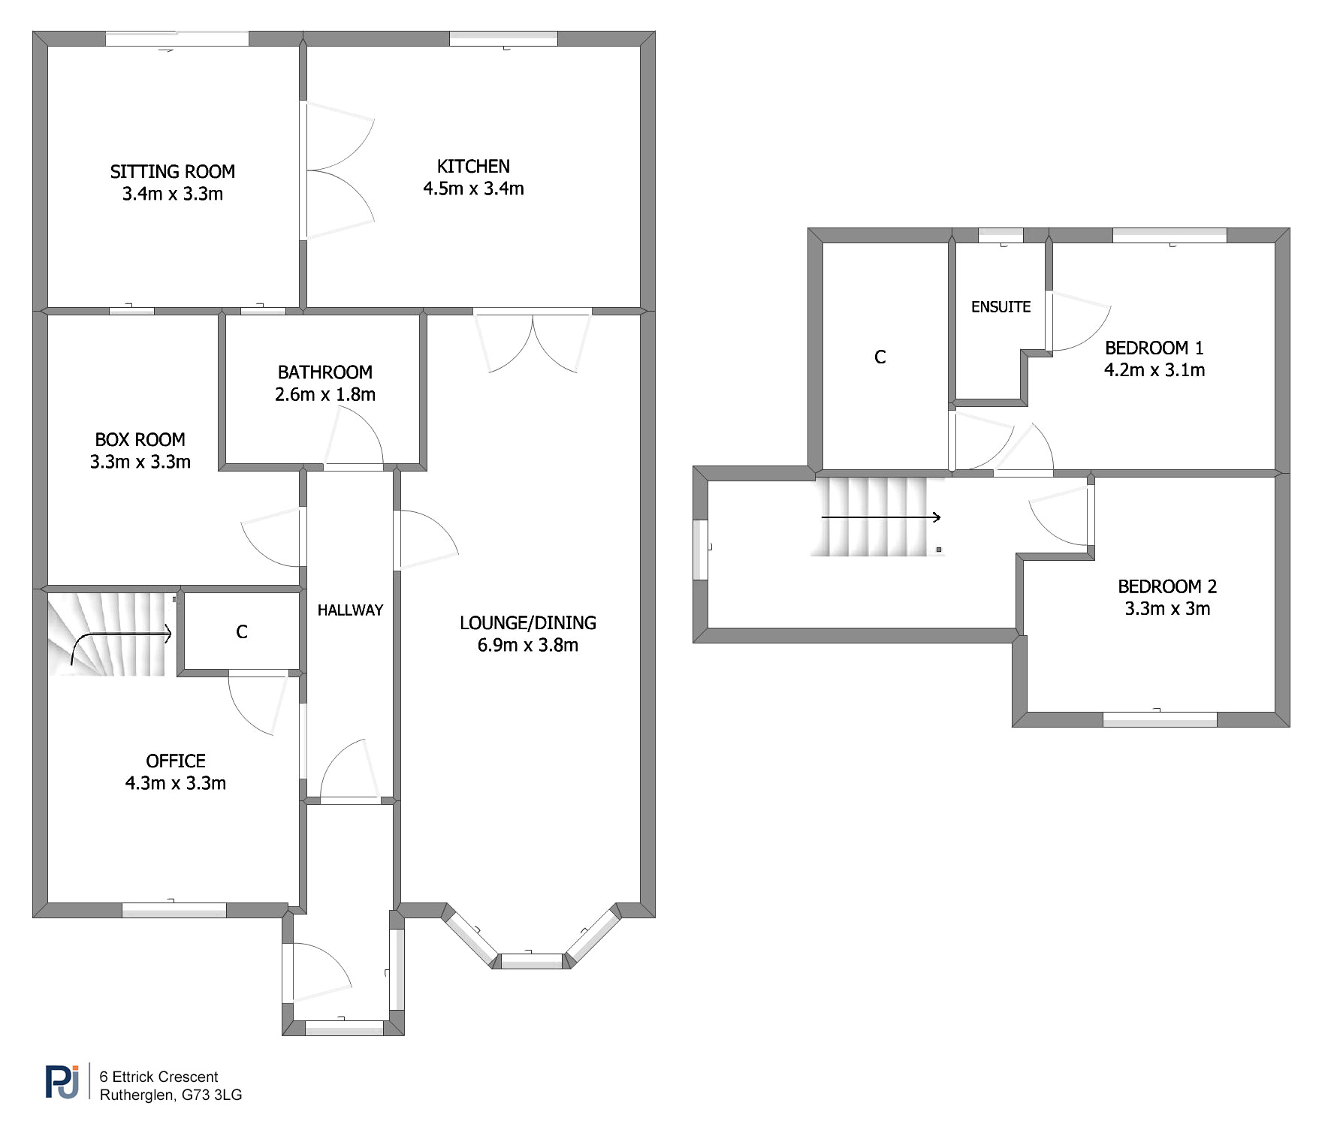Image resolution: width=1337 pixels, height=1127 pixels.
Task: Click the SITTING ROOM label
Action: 173,172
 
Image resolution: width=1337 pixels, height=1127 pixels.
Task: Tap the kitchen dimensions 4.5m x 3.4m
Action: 473,188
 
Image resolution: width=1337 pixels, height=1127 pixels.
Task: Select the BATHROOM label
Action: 325,372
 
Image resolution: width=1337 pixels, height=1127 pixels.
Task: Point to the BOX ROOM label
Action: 140,439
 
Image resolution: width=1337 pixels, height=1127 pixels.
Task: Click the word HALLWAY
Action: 350,610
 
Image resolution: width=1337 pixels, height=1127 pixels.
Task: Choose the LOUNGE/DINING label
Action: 528,623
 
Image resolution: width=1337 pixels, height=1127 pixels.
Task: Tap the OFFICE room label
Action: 176,761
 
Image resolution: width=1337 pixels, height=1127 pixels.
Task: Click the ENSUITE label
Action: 1000,307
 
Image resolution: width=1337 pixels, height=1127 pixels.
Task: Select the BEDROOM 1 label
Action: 1154,348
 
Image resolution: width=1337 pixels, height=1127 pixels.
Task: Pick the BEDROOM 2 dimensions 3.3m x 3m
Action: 1167,609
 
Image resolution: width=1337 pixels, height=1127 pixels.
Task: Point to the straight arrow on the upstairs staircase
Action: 881,517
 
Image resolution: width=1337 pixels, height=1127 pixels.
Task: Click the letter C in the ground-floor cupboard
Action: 242,632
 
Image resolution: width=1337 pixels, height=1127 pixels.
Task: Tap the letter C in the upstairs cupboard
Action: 880,357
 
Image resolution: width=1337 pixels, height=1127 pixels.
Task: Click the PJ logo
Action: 62,1082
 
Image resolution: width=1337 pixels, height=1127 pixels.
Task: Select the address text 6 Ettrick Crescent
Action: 158,1077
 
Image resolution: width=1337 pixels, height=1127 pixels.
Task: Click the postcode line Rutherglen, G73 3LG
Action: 171,1095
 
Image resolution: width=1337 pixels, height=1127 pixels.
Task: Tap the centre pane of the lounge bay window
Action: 532,960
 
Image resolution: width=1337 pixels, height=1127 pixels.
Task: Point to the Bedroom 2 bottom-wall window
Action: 1160,719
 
